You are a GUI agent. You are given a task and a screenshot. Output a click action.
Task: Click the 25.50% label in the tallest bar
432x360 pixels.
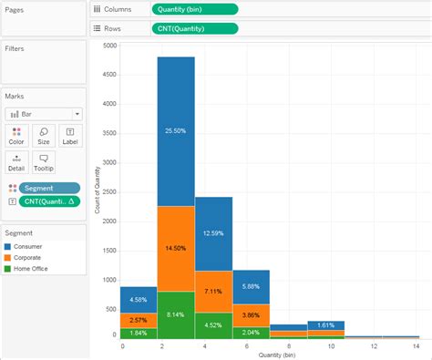[x=176, y=130]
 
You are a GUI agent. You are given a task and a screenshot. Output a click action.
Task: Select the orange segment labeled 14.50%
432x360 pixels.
[x=176, y=248]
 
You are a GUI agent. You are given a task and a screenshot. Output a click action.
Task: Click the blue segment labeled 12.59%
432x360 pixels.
[x=213, y=232]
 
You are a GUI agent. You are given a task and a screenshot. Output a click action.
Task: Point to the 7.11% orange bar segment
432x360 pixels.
[x=213, y=291]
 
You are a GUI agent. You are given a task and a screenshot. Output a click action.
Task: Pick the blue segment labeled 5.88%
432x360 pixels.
[x=251, y=286]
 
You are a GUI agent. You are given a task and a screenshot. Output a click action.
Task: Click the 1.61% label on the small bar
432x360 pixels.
[x=325, y=324]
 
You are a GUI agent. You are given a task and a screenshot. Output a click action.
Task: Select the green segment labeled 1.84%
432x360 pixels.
[x=139, y=333]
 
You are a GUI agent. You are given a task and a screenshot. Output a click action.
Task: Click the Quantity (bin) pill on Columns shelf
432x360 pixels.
[x=194, y=9]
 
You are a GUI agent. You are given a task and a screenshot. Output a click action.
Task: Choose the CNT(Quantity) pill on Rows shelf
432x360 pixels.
[x=194, y=28]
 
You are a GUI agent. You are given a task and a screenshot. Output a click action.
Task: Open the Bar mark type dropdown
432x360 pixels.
[x=44, y=114]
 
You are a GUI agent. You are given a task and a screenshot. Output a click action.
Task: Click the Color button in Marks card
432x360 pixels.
[x=16, y=136]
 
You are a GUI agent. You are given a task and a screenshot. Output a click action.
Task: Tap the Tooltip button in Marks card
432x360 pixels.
[x=44, y=162]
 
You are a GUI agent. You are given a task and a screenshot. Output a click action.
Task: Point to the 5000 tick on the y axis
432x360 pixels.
[x=110, y=45]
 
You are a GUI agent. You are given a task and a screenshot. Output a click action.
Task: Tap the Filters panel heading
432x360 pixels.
[x=15, y=48]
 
